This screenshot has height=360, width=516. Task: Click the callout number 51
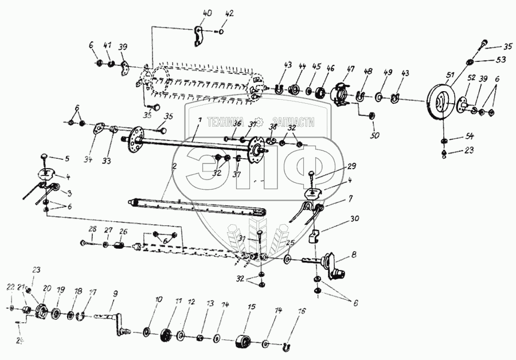pos(449,74)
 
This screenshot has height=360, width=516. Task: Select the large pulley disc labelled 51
pos(441,103)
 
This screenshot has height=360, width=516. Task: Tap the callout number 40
pos(208,13)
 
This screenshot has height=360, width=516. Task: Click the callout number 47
pos(349,68)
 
